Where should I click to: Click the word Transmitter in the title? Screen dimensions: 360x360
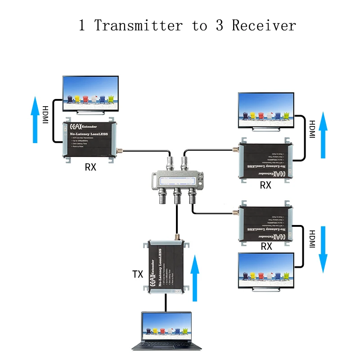point(138,25)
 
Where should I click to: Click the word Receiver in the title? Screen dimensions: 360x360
point(264,25)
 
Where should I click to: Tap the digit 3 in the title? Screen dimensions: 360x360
point(219,25)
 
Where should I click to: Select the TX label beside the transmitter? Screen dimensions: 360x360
point(138,274)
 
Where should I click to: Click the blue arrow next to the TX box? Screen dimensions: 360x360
point(194,279)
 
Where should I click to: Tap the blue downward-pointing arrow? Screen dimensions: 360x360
point(323,250)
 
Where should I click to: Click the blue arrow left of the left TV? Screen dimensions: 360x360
point(35,120)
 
